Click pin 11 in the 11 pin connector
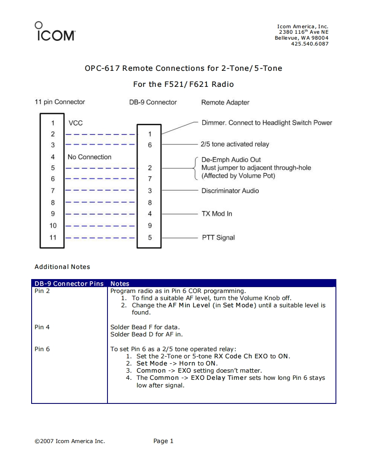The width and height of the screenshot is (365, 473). [53, 237]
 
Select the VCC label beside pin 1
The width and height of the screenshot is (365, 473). [75, 123]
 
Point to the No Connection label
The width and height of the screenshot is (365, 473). [89, 157]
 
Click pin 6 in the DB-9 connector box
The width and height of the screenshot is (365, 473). [150, 145]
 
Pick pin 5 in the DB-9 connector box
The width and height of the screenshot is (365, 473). [150, 237]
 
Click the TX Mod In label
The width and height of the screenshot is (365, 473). [217, 214]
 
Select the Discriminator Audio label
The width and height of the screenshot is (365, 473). [230, 191]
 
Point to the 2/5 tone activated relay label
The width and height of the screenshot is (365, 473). [235, 144]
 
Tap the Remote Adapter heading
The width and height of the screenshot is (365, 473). [225, 102]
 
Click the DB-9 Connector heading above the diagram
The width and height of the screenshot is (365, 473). [153, 102]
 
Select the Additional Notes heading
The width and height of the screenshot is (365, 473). [62, 267]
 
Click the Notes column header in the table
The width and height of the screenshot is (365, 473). [120, 284]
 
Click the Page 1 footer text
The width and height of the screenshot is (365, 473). [164, 441]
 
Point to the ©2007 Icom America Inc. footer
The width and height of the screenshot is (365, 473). [70, 441]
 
